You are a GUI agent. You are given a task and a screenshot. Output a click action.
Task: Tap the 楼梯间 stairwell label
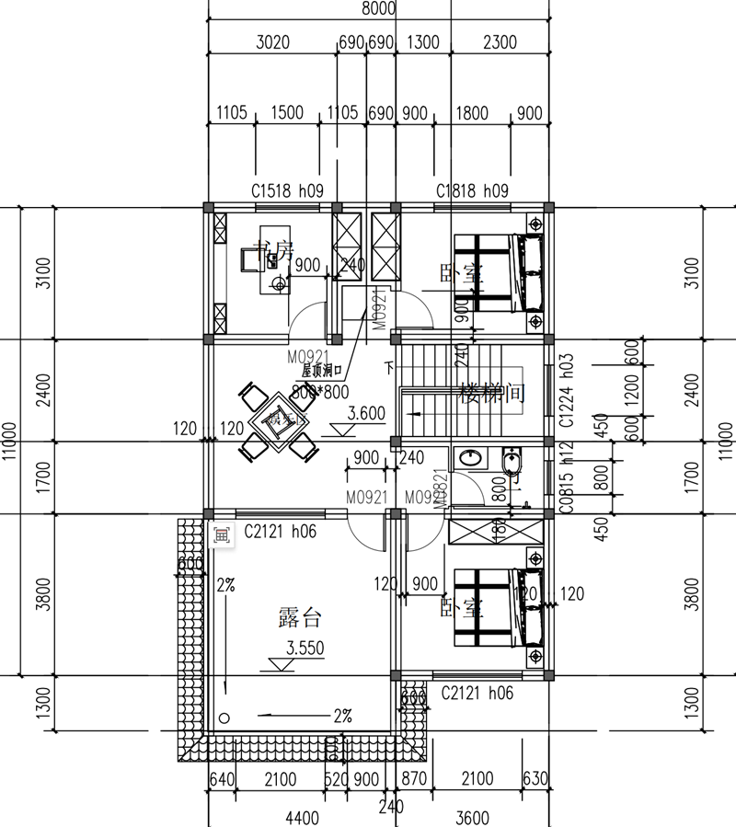tap(491, 394)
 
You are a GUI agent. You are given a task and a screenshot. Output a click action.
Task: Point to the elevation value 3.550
tap(305, 648)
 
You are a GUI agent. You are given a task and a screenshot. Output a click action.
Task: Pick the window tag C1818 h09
tap(471, 191)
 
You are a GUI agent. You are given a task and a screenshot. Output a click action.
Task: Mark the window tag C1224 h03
tap(567, 392)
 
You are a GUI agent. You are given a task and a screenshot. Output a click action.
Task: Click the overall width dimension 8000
tap(379, 9)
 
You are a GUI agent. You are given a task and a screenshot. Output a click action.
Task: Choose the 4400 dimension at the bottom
tap(301, 817)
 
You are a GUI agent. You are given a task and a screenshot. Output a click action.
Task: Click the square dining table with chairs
tap(275, 422)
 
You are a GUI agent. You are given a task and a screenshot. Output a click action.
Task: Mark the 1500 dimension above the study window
tap(287, 113)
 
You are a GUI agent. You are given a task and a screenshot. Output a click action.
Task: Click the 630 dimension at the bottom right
tap(535, 780)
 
